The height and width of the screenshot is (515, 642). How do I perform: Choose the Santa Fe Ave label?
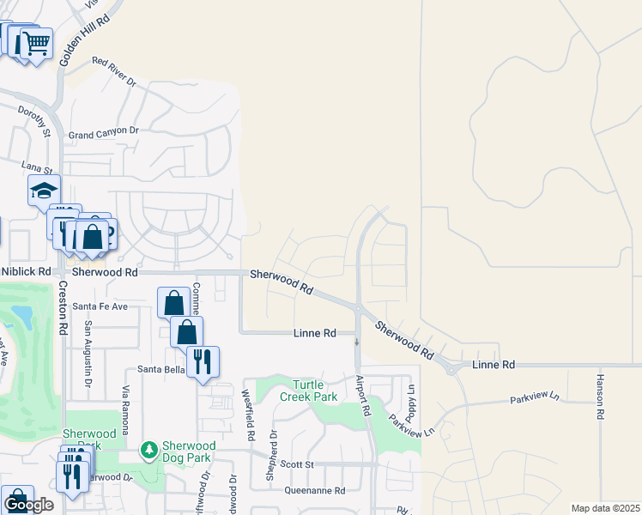click(x=100, y=306)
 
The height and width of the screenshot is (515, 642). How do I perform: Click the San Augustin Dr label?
click(x=88, y=351)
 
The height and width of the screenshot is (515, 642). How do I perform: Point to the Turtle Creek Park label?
click(x=308, y=391)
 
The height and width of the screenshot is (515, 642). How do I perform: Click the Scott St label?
click(x=298, y=464)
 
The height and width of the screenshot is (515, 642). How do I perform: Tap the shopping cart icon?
click(x=35, y=42)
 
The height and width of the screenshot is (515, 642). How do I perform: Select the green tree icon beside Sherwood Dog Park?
click(x=149, y=450)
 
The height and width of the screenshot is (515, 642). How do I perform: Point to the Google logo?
click(x=28, y=506)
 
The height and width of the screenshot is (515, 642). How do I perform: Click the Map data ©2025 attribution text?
click(x=605, y=508)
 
